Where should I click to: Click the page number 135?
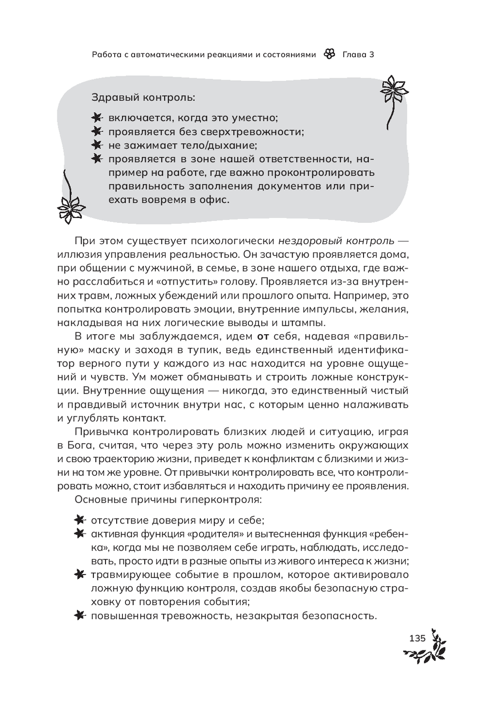(x=417, y=638)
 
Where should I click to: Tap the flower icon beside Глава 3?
(x=329, y=54)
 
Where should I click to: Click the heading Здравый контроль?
(x=143, y=97)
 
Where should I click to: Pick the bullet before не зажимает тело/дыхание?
(x=97, y=145)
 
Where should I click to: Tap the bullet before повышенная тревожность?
(x=79, y=616)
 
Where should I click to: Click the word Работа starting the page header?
(x=107, y=54)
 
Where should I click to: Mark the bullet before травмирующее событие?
(x=79, y=575)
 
